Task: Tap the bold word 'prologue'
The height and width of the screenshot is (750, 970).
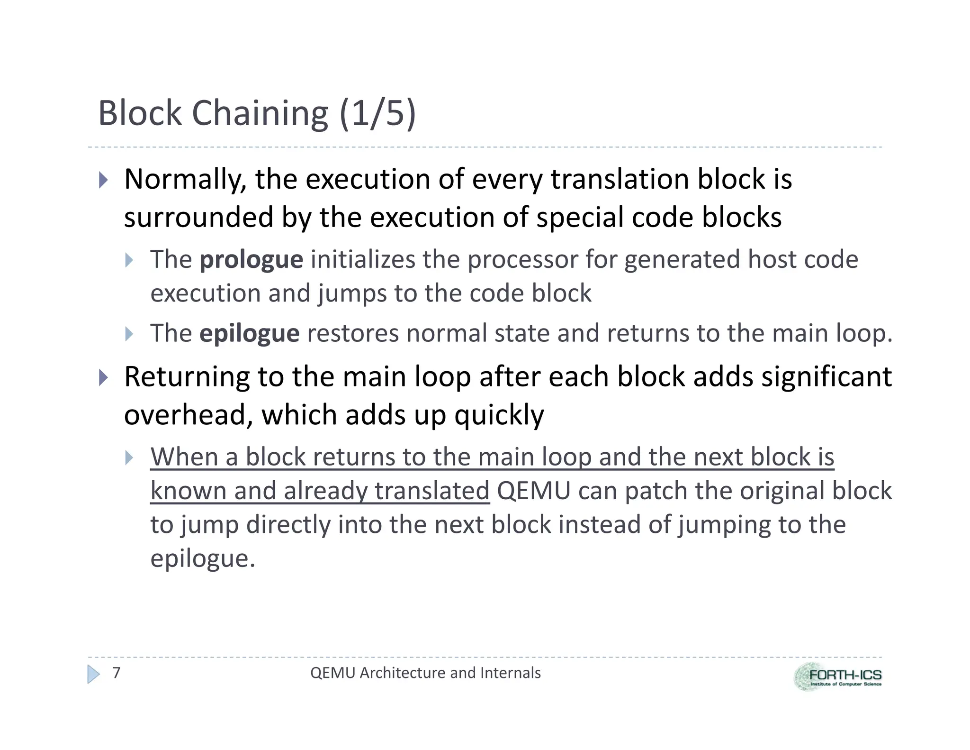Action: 251,260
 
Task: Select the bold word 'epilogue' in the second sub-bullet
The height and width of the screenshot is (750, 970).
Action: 249,333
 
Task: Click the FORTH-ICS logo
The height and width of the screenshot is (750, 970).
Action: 837,677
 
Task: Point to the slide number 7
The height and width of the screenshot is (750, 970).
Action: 117,673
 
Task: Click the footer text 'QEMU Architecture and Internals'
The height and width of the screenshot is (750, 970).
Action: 425,673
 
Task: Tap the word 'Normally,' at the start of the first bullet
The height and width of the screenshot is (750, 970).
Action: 185,180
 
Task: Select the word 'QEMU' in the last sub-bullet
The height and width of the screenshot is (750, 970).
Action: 534,491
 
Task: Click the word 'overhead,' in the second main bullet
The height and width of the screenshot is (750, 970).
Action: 188,415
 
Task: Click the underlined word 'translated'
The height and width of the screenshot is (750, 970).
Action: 431,491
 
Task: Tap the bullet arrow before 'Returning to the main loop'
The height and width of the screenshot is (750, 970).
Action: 104,377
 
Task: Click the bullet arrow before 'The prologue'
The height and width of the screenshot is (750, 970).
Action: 129,260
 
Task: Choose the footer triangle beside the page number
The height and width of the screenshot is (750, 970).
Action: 94,674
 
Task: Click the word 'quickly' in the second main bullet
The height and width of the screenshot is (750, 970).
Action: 499,415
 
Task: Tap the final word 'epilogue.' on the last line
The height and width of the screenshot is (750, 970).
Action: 203,558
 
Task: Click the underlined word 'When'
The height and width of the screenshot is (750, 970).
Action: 184,457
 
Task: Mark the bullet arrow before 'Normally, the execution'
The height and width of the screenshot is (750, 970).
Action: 104,180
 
